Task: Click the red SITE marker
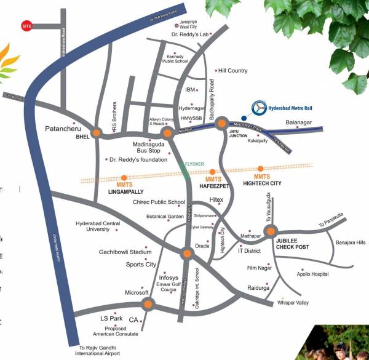[26, 27]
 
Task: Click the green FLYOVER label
[194, 164]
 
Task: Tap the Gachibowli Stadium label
[125, 252]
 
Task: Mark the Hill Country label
[234, 71]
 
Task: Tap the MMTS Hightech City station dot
[261, 168]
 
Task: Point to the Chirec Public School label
[159, 202]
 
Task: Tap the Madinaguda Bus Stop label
[146, 146]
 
